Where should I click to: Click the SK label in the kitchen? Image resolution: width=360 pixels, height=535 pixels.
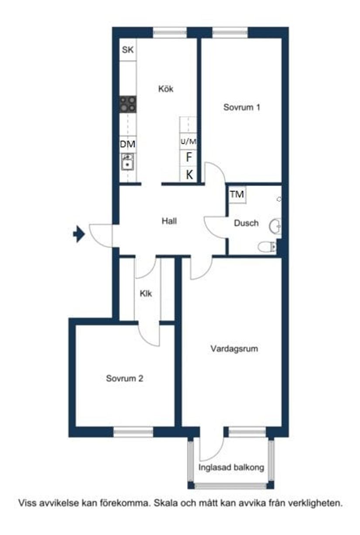pyautogui.click(x=127, y=50)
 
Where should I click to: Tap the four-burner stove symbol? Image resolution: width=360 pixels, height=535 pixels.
pyautogui.click(x=128, y=104)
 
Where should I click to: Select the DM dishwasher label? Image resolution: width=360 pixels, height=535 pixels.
pyautogui.click(x=128, y=144)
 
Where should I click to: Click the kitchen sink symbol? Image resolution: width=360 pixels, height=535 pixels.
pyautogui.click(x=127, y=162)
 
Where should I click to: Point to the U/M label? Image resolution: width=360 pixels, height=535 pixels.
pyautogui.click(x=189, y=142)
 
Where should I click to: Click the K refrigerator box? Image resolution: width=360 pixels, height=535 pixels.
pyautogui.click(x=189, y=175)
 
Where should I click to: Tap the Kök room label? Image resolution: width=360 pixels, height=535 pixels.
pyautogui.click(x=166, y=89)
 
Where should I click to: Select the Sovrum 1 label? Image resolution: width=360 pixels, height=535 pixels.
pyautogui.click(x=242, y=107)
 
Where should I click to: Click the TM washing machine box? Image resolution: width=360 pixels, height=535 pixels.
pyautogui.click(x=237, y=195)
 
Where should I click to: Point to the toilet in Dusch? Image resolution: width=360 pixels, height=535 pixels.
pyautogui.click(x=266, y=247)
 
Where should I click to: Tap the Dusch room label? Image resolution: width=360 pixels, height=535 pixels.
pyautogui.click(x=246, y=223)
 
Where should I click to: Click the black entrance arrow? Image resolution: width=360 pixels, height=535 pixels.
pyautogui.click(x=79, y=235)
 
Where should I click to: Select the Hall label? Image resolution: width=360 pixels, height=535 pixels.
pyautogui.click(x=169, y=221)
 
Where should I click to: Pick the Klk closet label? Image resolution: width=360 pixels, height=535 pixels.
pyautogui.click(x=146, y=294)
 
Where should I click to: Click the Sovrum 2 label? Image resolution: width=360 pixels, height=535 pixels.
pyautogui.click(x=124, y=379)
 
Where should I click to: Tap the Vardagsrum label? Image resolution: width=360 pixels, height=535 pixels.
pyautogui.click(x=234, y=349)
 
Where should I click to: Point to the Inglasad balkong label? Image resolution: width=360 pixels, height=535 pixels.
pyautogui.click(x=231, y=468)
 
